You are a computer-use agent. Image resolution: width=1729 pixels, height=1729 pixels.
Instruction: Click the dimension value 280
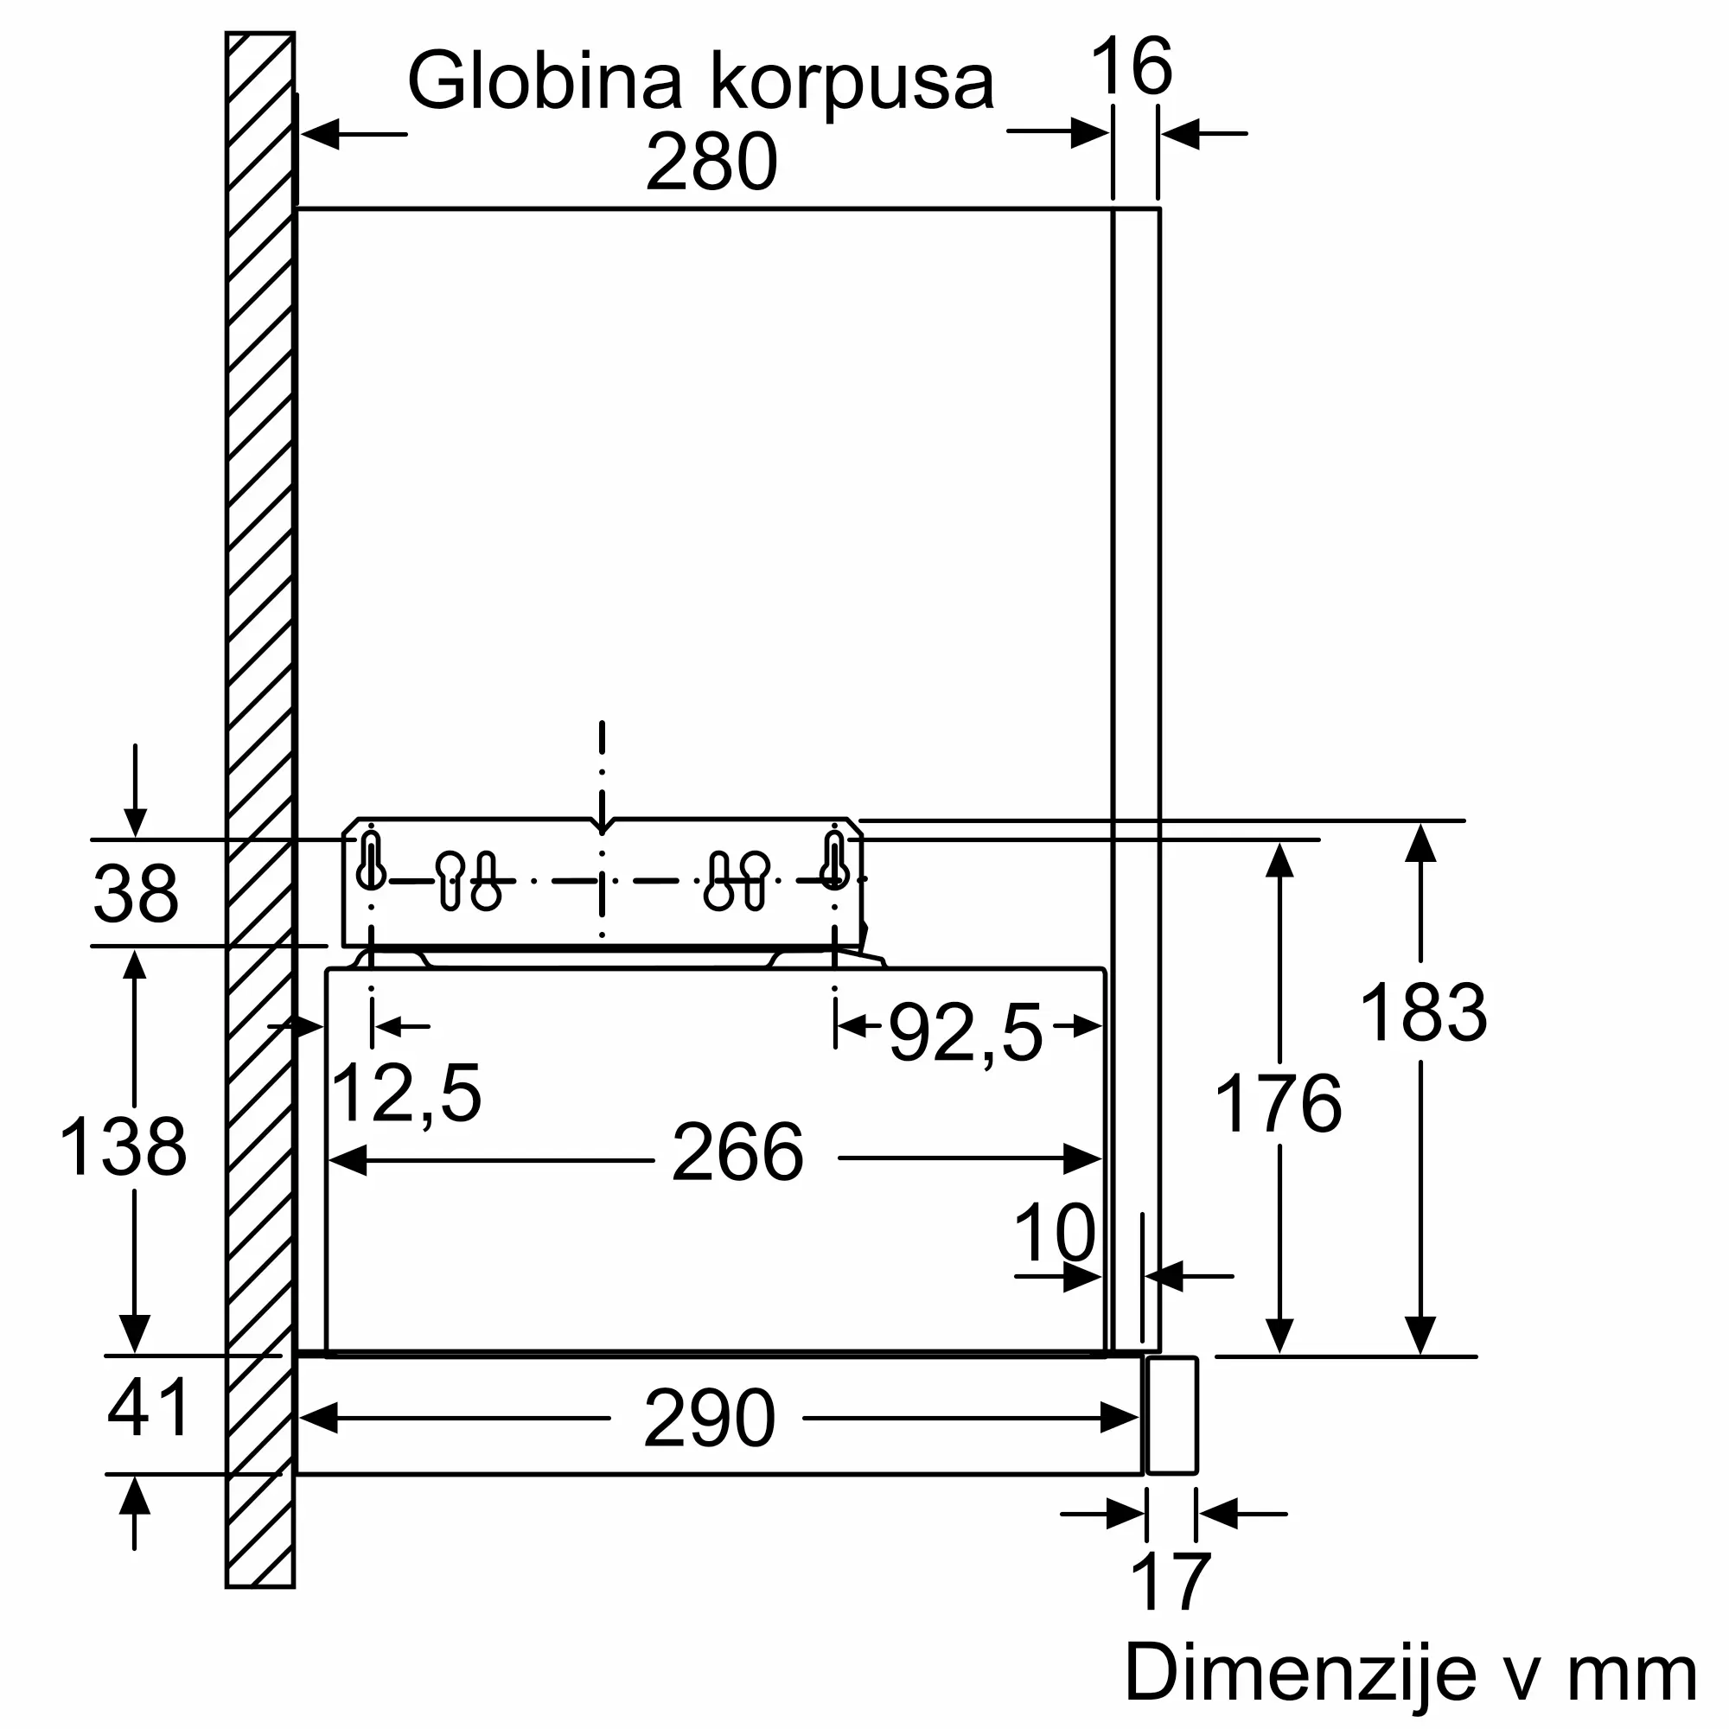711,162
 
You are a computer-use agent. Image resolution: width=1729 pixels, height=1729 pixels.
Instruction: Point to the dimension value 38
135,894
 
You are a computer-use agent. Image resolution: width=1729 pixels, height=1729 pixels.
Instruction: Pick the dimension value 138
124,1146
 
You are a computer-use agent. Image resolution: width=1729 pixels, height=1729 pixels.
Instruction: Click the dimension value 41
148,1407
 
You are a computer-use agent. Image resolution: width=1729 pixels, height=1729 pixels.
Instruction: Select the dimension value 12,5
405,1093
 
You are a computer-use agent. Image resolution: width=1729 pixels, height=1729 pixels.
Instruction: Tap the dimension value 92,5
966,1034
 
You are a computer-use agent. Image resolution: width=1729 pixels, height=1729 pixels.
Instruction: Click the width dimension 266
737,1152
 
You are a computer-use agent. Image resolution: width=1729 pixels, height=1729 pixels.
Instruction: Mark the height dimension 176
1278,1103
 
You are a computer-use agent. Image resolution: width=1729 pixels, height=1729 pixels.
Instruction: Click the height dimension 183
1423,1012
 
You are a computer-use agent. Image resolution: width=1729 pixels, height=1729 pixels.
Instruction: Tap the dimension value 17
1171,1582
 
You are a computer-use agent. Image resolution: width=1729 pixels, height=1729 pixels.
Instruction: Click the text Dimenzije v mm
1410,1673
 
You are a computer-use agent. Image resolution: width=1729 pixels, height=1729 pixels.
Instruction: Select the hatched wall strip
259,806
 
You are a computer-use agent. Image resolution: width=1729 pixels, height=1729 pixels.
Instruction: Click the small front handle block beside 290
1171,1415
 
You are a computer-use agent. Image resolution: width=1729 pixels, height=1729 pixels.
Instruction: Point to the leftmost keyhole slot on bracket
371,861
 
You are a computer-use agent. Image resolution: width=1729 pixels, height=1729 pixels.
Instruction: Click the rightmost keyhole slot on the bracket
834,861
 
